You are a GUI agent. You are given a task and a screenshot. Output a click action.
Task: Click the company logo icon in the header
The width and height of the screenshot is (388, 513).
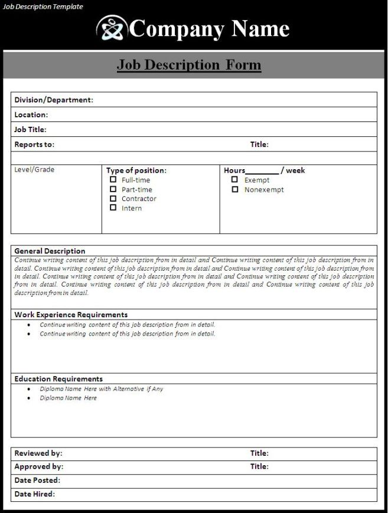click(112, 28)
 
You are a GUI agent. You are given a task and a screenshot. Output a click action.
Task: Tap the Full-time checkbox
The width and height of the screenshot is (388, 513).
click(113, 180)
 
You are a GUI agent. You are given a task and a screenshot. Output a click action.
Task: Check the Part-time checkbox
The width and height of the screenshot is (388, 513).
click(113, 189)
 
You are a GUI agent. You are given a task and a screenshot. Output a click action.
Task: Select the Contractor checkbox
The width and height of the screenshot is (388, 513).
click(113, 198)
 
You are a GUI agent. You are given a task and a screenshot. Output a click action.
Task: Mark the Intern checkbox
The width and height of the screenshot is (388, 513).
click(113, 208)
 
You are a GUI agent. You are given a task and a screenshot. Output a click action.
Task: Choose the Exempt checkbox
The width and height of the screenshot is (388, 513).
click(234, 180)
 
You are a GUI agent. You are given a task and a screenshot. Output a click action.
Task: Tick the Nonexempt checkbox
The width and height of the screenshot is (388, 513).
click(234, 189)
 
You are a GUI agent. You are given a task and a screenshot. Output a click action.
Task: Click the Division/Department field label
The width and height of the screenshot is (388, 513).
click(54, 100)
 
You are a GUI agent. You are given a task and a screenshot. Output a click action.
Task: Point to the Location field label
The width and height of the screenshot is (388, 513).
click(31, 115)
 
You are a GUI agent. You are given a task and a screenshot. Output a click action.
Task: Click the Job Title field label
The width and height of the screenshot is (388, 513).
click(30, 130)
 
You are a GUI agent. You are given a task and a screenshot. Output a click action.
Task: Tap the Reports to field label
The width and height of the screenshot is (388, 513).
click(34, 144)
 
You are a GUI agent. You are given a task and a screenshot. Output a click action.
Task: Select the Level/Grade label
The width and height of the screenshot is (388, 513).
click(34, 170)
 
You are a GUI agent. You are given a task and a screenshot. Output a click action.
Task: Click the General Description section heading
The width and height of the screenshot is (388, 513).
click(50, 251)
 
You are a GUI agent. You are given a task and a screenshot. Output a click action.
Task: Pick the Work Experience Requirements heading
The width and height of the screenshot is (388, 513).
click(71, 315)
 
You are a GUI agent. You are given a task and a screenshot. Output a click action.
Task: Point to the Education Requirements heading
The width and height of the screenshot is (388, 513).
click(58, 379)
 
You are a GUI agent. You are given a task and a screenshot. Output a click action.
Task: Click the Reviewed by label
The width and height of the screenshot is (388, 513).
click(38, 453)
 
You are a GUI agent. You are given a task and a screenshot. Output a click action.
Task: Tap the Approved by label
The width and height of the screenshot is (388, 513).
click(39, 466)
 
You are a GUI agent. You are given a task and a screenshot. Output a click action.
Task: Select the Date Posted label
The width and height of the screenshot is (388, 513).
click(37, 481)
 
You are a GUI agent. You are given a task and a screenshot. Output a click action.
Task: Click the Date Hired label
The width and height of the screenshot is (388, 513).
click(35, 494)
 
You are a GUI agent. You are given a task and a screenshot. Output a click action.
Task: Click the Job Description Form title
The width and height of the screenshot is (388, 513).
click(189, 64)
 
